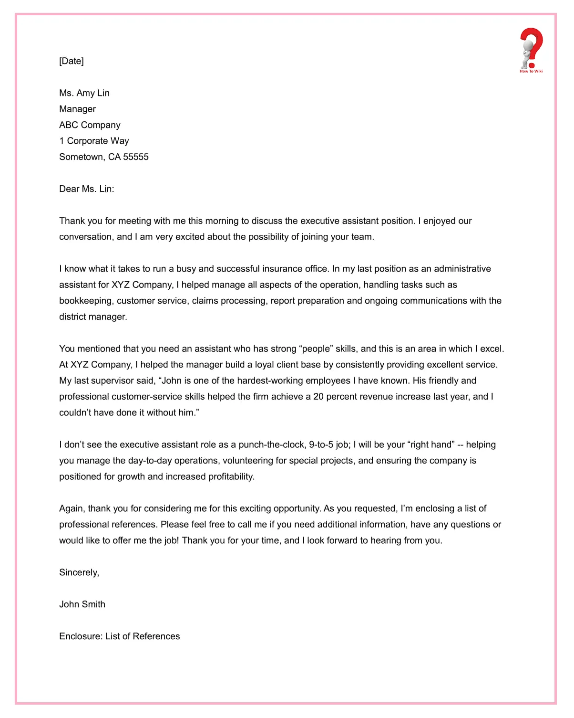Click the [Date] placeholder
pyautogui.click(x=72, y=61)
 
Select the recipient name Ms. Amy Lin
pyautogui.click(x=84, y=93)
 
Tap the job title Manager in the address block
pyautogui.click(x=77, y=109)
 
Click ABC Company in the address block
pyautogui.click(x=90, y=125)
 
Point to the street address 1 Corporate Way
pyautogui.click(x=94, y=141)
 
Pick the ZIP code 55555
pyautogui.click(x=136, y=157)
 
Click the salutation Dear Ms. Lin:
pyautogui.click(x=86, y=189)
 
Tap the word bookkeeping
pyautogui.click(x=86, y=301)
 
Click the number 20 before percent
pyautogui.click(x=318, y=397)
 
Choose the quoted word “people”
pyautogui.click(x=316, y=349)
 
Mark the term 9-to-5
pyautogui.click(x=321, y=445)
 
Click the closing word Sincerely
pyautogui.click(x=79, y=572)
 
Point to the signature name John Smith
pyautogui.click(x=82, y=604)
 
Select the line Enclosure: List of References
pyautogui.click(x=119, y=636)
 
